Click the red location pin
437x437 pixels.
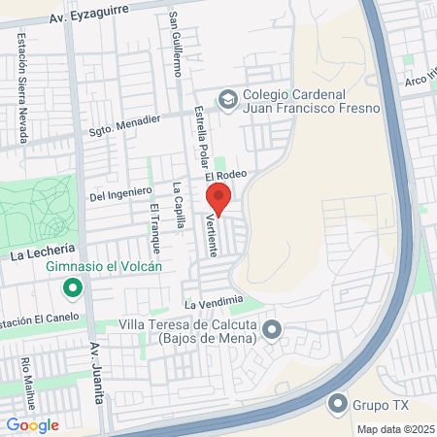[x=218, y=198]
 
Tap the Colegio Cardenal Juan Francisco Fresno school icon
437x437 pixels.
[x=227, y=98]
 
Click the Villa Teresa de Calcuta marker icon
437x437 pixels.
[x=272, y=331]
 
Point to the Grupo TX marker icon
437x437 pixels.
[x=337, y=402]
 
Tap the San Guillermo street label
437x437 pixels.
[x=176, y=45]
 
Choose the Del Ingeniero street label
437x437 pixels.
[x=120, y=193]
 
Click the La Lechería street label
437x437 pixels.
[x=44, y=254]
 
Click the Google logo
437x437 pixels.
[x=32, y=424]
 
